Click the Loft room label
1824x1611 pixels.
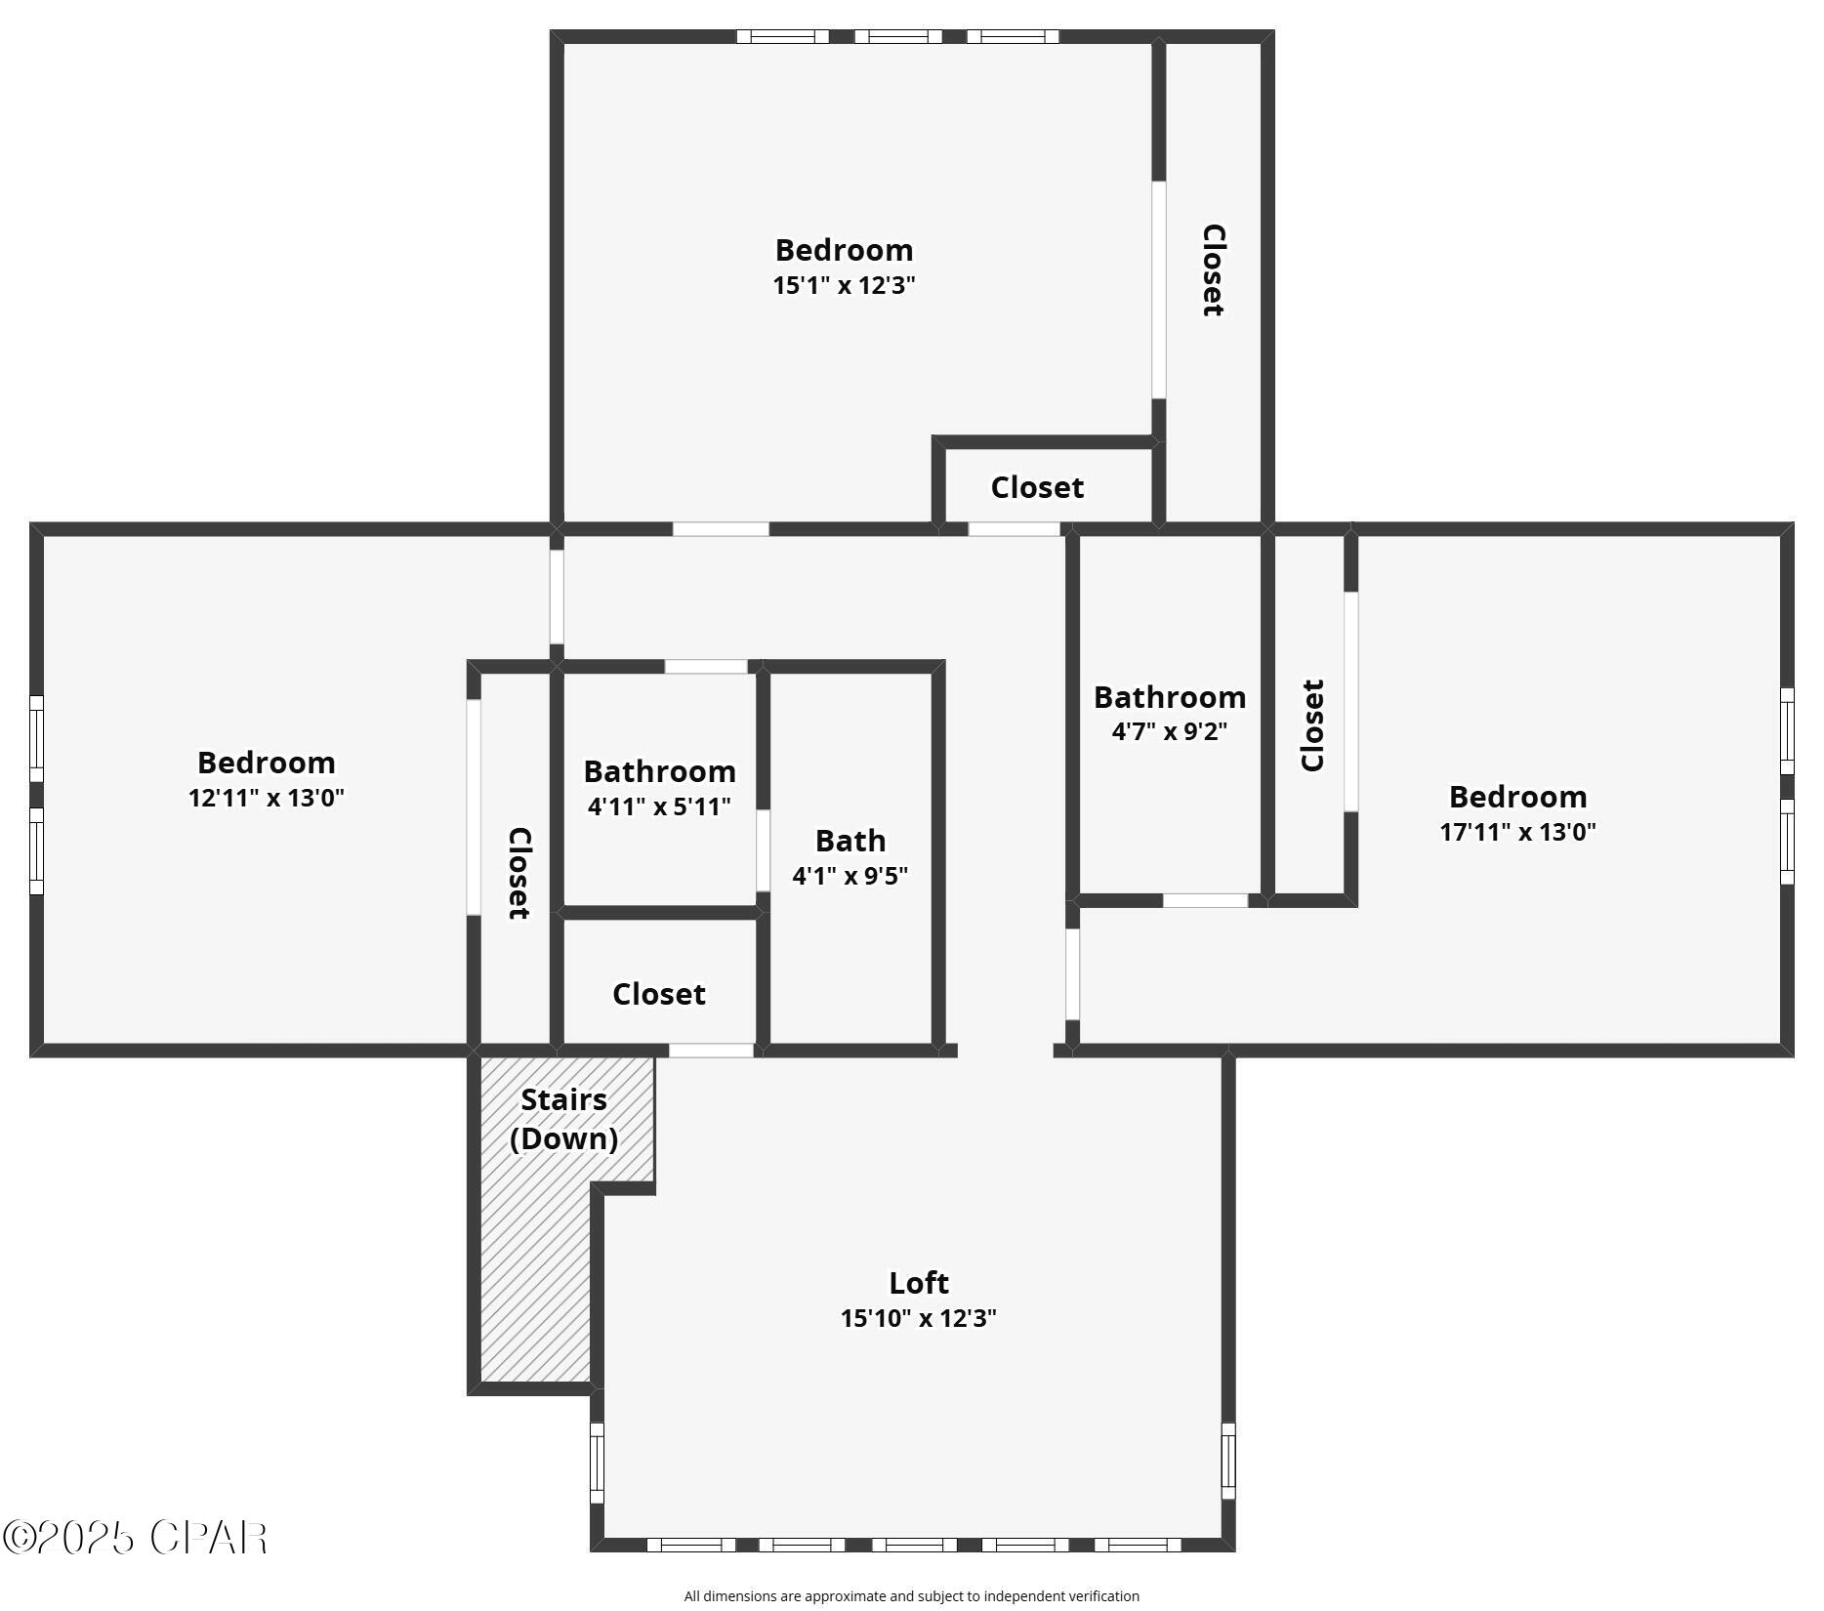tap(918, 1282)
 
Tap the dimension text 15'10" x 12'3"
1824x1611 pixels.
tap(918, 1318)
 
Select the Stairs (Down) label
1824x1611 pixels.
tap(563, 1119)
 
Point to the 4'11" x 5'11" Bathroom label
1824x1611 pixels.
tap(659, 788)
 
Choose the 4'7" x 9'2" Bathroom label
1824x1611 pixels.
tap(1169, 713)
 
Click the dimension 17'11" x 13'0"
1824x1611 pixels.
tap(1517, 832)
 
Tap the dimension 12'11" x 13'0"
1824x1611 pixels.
tap(267, 798)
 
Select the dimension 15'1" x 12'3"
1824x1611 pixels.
tap(844, 285)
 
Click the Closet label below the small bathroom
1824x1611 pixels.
tap(658, 994)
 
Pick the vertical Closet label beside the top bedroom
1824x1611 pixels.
tap(1213, 270)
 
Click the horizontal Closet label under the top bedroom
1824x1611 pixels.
tap(1037, 487)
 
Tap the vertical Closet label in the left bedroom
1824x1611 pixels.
tap(518, 873)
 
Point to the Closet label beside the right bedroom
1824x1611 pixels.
tap(1312, 724)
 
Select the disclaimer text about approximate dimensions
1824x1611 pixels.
tap(911, 1596)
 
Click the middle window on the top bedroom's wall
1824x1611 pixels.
tap(898, 37)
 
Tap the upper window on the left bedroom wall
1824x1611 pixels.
tap(36, 738)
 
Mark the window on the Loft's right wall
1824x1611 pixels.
tap(1228, 1461)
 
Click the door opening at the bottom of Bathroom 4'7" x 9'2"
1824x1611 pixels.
tap(1205, 900)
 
